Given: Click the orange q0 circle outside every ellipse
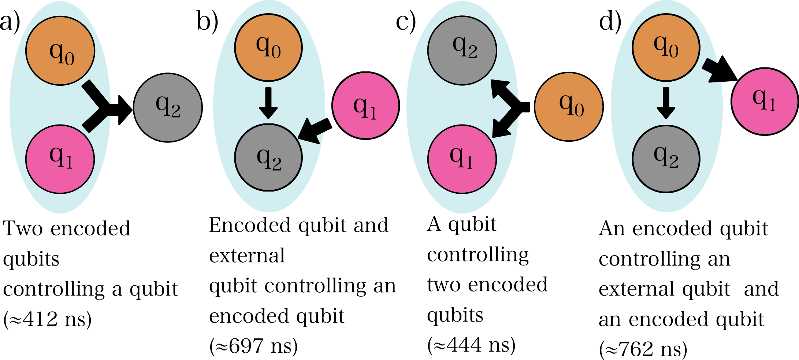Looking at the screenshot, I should pyautogui.click(x=569, y=107).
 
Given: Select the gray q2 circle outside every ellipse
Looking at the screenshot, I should pyautogui.click(x=168, y=108).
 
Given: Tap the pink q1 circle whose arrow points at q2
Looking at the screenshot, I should pyautogui.click(x=365, y=105).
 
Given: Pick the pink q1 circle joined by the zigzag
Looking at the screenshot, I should pyautogui.click(x=765, y=101).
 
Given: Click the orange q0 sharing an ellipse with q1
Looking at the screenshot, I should pyautogui.click(x=60, y=51).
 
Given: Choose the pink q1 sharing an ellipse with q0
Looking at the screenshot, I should pyautogui.click(x=60, y=159).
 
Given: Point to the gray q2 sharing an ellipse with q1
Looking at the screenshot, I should pyautogui.click(x=462, y=51).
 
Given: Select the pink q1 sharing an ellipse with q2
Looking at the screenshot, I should pyautogui.click(x=462, y=159).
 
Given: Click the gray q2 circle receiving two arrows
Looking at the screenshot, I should pyautogui.click(x=268, y=157).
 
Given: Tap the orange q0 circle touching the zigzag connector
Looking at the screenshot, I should pyautogui.click(x=666, y=47).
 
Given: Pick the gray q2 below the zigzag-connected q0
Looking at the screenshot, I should pyautogui.click(x=666, y=159).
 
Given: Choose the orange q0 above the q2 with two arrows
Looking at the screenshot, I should pyautogui.click(x=268, y=47).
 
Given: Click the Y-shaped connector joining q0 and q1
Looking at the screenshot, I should pyautogui.click(x=97, y=106).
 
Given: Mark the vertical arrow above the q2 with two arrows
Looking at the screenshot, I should pyautogui.click(x=268, y=103).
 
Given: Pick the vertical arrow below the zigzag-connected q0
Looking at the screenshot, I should pyautogui.click(x=666, y=103).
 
